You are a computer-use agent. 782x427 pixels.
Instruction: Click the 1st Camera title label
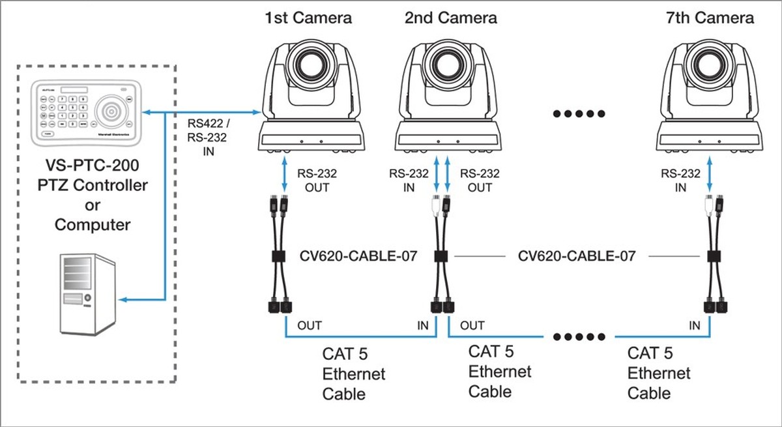click(308, 18)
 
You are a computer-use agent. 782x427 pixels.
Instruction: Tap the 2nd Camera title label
click(450, 18)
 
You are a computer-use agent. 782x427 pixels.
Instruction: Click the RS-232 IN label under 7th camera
click(680, 181)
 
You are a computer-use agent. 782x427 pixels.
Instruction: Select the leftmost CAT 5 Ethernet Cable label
click(354, 374)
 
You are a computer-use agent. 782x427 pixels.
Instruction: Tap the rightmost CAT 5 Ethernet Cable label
click(658, 373)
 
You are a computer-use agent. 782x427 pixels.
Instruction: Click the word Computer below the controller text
click(93, 225)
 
